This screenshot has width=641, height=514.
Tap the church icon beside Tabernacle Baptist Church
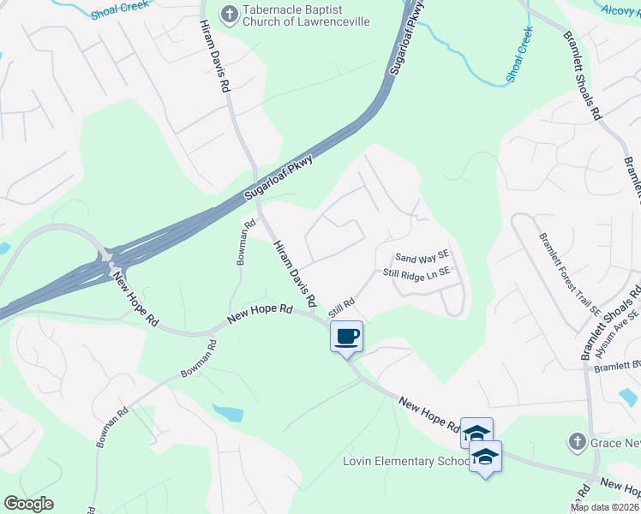229,13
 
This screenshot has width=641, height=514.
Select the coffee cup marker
346,336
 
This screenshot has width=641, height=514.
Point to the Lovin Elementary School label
405,462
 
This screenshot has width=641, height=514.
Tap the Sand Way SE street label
422,257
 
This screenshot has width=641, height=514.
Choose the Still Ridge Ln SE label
416,273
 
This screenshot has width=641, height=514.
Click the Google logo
28,504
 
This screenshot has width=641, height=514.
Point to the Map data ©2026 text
605,507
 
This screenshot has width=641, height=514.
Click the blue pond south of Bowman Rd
227,413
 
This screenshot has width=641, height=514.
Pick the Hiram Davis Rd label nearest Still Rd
296,273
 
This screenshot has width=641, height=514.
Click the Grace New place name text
615,442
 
